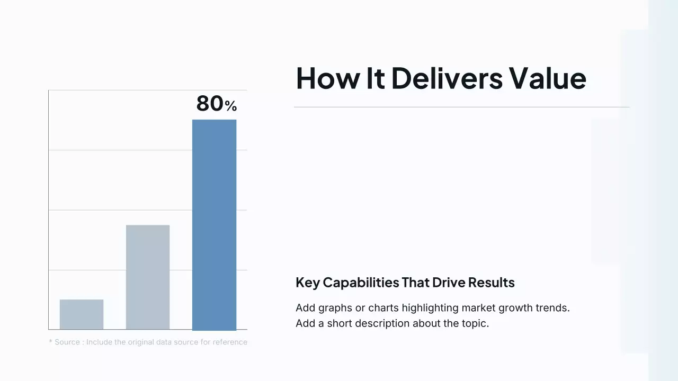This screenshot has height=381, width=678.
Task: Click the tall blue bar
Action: pos(214,225)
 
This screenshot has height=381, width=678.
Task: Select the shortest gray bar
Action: pos(82,314)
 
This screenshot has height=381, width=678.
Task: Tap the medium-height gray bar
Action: pos(148,277)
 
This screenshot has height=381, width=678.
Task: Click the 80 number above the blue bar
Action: pos(210,103)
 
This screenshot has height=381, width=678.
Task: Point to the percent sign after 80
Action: pos(230,106)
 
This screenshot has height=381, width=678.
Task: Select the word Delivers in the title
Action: pos(447,78)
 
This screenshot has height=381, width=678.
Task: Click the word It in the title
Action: pos(376,78)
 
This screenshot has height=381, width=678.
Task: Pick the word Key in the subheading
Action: pos(307,283)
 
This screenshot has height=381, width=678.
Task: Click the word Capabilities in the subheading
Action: pos(361,283)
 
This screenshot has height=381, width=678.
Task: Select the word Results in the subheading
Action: pos(492,283)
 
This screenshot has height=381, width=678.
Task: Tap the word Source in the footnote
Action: pos(67,342)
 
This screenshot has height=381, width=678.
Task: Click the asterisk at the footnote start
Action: pos(50,342)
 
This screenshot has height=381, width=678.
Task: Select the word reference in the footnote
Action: pos(230,342)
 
